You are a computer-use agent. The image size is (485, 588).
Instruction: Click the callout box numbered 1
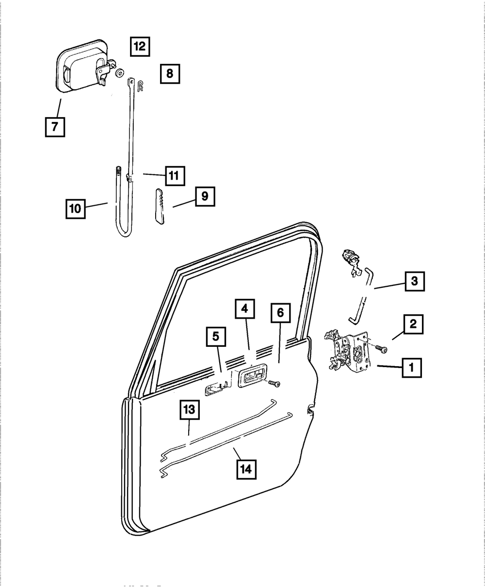411,368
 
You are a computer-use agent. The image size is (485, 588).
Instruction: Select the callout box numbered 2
413,325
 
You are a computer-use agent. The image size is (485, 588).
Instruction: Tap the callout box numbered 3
415,281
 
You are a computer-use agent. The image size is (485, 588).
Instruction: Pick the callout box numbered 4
245,309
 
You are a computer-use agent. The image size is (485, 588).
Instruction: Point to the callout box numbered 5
216,335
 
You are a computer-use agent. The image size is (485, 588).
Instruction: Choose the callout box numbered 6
280,313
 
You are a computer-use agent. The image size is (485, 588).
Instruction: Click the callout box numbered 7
54,127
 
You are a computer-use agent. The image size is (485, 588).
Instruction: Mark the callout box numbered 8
169,74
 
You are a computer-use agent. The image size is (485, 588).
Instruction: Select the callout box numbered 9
205,196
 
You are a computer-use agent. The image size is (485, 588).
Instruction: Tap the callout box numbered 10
75,209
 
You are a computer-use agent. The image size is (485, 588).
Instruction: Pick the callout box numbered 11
174,175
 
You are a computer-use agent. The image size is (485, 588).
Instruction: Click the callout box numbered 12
139,46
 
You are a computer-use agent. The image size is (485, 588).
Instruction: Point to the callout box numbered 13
189,410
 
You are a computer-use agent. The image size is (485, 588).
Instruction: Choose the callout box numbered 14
246,468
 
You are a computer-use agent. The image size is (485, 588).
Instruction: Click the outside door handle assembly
81,67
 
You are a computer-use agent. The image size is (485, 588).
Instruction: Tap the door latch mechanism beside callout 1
348,351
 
